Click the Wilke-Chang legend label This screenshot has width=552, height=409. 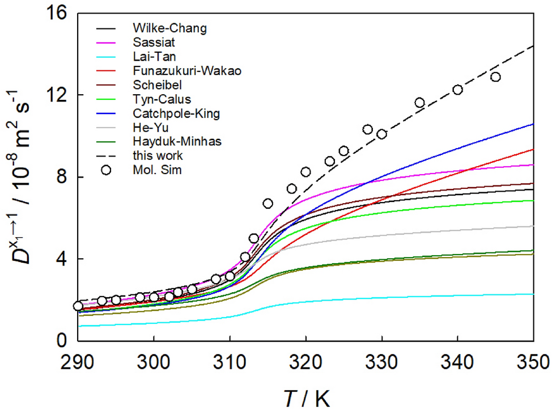161,27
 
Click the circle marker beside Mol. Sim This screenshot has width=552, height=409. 106,169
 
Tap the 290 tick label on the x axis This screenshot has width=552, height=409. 78,361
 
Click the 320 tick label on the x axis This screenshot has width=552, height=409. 306,361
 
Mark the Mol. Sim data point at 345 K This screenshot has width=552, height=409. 495,77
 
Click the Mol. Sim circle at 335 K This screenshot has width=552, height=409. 419,103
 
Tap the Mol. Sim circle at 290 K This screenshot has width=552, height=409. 78,306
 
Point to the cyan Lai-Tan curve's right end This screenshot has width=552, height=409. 533,294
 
